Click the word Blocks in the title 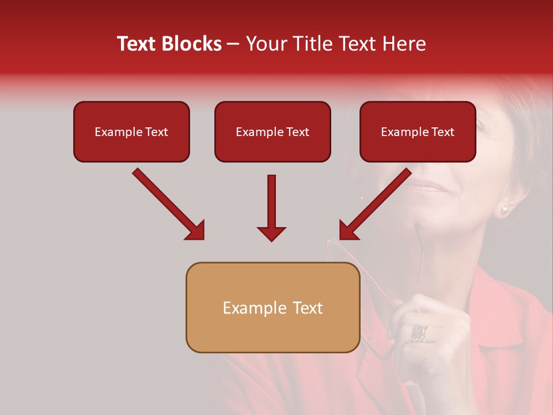click(192, 44)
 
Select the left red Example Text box click(131, 132)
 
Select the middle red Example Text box click(272, 132)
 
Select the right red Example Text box click(418, 132)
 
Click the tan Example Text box click(272, 308)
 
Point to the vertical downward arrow click(271, 207)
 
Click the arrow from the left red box click(167, 203)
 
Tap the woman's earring click(505, 210)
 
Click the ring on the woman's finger click(419, 333)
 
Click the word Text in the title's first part click(135, 44)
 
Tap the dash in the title click(233, 44)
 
